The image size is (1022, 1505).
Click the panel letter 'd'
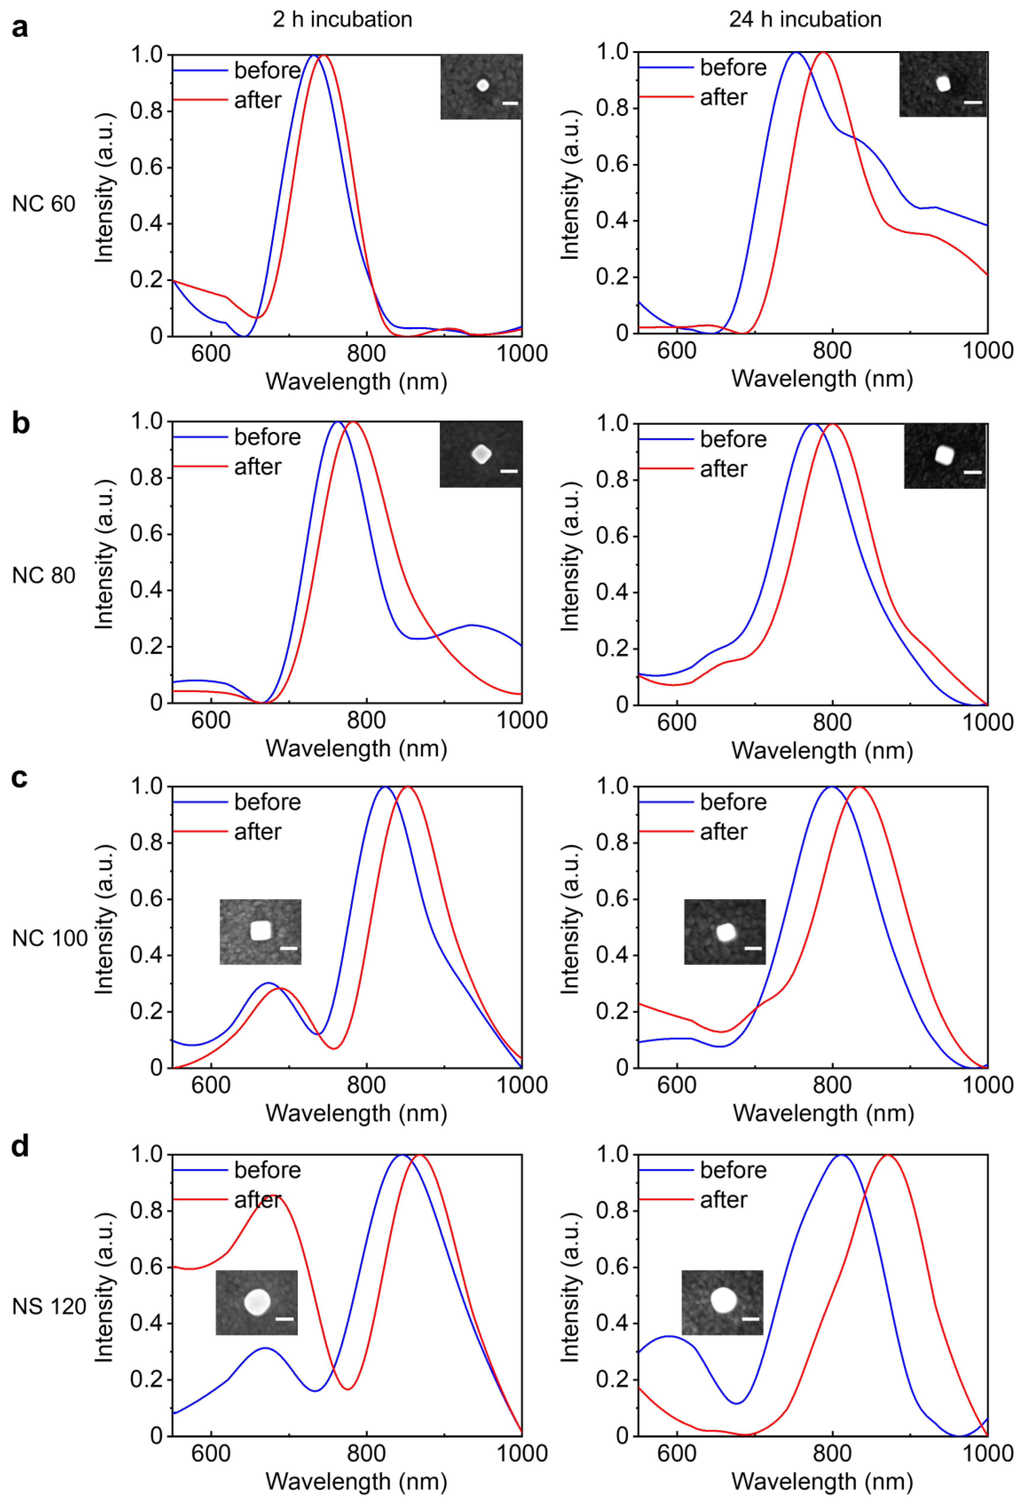20,1146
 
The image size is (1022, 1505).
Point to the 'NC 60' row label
43,204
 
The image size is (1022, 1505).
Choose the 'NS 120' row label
49,1306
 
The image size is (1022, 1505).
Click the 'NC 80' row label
43,575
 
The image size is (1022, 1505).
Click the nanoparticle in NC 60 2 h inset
482,85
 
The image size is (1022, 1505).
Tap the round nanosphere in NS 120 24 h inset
723,1300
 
